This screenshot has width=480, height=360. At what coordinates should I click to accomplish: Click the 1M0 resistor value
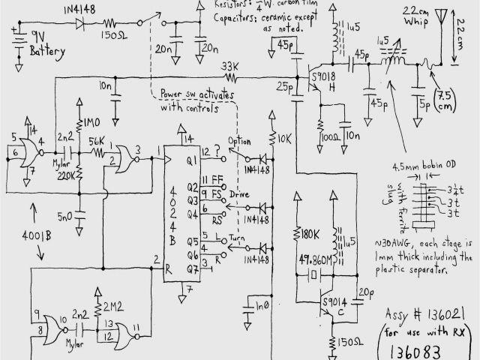[x=93, y=121]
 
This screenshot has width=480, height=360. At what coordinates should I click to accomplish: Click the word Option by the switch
[x=238, y=142]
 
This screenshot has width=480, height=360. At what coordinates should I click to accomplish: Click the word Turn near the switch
[x=238, y=236]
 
